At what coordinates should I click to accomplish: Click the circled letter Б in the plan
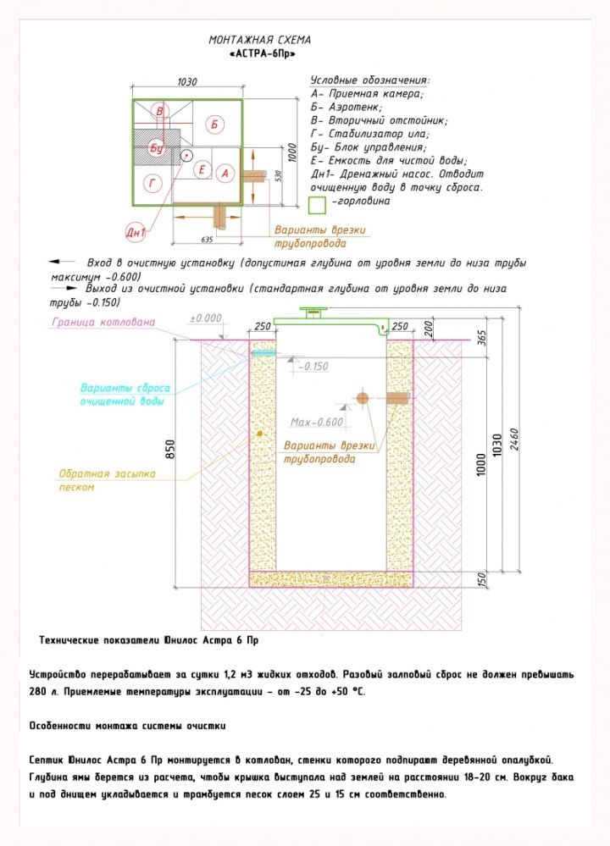point(215,124)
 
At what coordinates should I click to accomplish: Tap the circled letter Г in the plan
point(152,183)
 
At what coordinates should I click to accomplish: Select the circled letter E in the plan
point(202,170)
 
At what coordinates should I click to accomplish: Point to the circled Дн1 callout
point(136,232)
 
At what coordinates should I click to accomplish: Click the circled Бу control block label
point(157,148)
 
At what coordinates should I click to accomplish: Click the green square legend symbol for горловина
point(317,204)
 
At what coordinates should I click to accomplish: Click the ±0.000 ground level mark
point(205,318)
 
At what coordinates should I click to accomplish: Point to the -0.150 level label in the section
point(314,366)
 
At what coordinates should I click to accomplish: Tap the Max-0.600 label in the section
point(317,422)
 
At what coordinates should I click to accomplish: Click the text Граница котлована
point(103,322)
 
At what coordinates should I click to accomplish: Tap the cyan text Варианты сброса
point(125,388)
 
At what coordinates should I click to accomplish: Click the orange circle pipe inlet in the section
point(362,397)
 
